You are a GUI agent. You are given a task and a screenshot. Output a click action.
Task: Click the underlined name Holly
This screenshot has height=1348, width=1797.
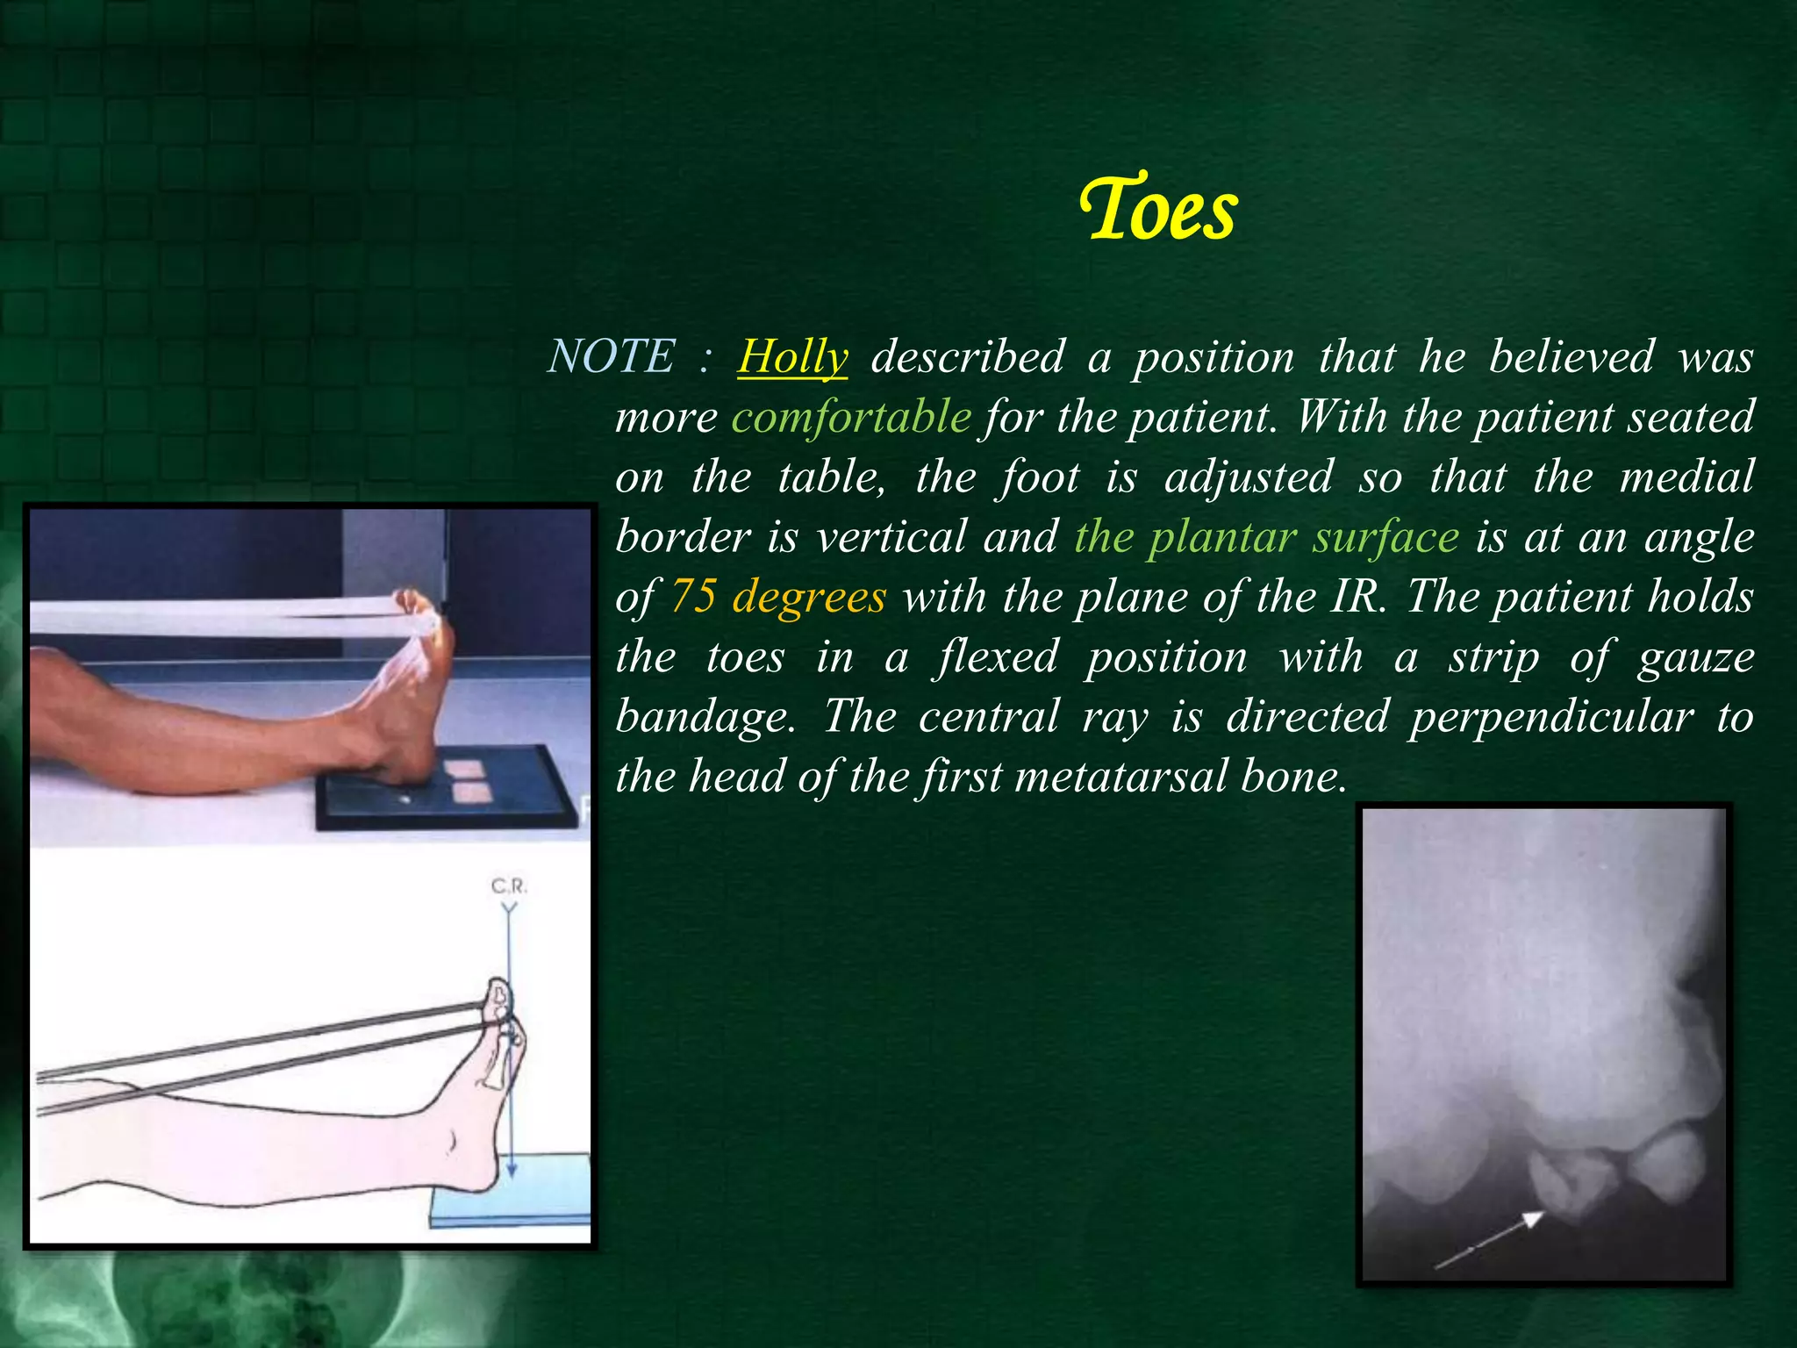tap(792, 357)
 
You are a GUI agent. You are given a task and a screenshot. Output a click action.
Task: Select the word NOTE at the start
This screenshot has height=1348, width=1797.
tap(612, 356)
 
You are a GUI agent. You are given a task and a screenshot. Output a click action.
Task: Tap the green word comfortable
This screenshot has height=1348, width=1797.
tap(851, 416)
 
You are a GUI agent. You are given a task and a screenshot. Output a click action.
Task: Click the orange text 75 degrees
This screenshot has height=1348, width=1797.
tap(778, 597)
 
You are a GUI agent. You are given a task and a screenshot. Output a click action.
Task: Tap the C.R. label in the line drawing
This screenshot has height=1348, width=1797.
tap(509, 886)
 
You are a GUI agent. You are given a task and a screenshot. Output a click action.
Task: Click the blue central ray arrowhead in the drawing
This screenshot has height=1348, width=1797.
tap(511, 1171)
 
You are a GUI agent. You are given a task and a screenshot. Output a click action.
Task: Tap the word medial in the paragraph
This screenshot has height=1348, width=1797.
tap(1686, 477)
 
